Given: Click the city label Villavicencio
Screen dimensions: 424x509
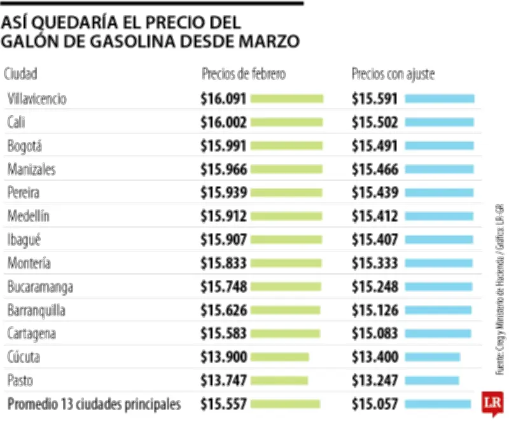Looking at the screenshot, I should [37, 99].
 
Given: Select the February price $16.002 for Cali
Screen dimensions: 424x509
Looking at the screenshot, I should [223, 122].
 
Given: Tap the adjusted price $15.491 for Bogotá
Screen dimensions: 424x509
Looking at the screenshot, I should [375, 146].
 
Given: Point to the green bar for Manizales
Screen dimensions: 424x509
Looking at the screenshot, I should [287, 169].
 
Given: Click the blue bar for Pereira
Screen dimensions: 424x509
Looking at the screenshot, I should [439, 193].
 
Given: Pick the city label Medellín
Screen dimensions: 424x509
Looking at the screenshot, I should [28, 216].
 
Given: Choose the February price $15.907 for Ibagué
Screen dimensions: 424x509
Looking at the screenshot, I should [223, 240].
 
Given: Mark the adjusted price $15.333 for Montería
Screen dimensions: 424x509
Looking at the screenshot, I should [375, 264].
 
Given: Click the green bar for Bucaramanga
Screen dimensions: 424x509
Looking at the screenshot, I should [286, 287].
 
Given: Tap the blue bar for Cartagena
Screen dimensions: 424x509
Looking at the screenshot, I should [438, 334].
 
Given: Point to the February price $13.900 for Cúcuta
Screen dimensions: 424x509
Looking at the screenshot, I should [223, 357].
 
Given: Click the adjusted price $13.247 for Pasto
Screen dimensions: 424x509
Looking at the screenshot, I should [375, 381].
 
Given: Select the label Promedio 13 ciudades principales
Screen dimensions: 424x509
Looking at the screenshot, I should [94, 404].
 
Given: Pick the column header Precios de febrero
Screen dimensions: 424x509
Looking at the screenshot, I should [244, 74].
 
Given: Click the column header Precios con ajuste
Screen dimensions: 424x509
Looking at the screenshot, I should [393, 74].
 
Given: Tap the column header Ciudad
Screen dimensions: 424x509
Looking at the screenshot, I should [21, 74].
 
